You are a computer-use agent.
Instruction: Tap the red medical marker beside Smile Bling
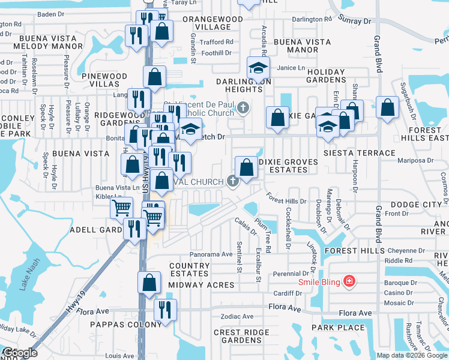coord(347,281)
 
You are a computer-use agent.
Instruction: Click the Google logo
coord(19,353)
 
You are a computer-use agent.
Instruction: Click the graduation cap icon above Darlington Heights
coord(258,67)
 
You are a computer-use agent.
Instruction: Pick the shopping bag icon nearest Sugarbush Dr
coord(388,108)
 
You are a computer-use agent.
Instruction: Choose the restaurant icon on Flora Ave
coord(164,309)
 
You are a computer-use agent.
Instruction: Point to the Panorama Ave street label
coord(211,254)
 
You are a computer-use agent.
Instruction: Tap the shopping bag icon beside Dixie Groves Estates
coord(246,167)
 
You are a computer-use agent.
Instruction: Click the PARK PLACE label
coord(338,328)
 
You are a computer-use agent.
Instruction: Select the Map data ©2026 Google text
coord(412,355)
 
